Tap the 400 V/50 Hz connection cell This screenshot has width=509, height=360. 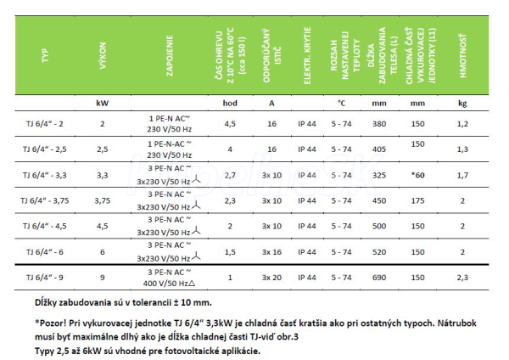[173, 283]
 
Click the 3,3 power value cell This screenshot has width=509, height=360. [103, 177]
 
